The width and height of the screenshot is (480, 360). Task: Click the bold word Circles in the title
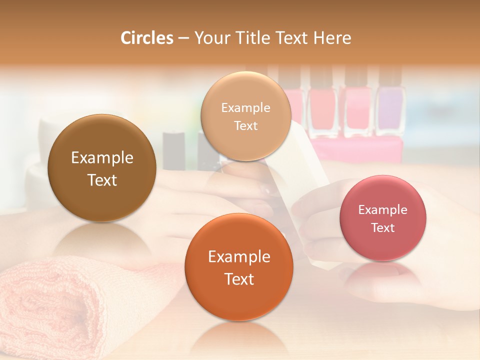point(146,38)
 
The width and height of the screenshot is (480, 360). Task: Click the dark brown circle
point(102,168)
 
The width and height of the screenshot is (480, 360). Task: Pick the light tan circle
point(245,116)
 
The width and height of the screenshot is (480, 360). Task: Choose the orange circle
point(239,267)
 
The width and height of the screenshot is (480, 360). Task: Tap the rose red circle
point(383,218)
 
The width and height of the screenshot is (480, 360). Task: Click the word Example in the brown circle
point(102,158)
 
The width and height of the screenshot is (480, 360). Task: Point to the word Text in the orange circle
point(239,279)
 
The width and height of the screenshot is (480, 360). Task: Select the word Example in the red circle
point(383,209)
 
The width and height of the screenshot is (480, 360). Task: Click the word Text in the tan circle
point(245,126)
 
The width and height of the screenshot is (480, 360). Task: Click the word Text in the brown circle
point(102,180)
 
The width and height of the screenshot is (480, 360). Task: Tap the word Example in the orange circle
point(239,257)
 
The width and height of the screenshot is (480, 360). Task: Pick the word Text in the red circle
point(383,228)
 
